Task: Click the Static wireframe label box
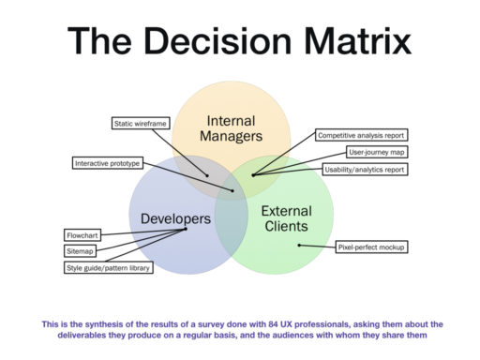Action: (x=139, y=123)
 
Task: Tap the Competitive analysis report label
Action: (x=360, y=135)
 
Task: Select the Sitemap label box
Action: (x=82, y=251)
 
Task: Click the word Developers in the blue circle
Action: (x=175, y=219)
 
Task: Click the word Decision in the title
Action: (x=243, y=41)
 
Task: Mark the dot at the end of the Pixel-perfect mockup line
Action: (x=299, y=246)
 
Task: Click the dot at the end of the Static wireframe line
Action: (x=208, y=174)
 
